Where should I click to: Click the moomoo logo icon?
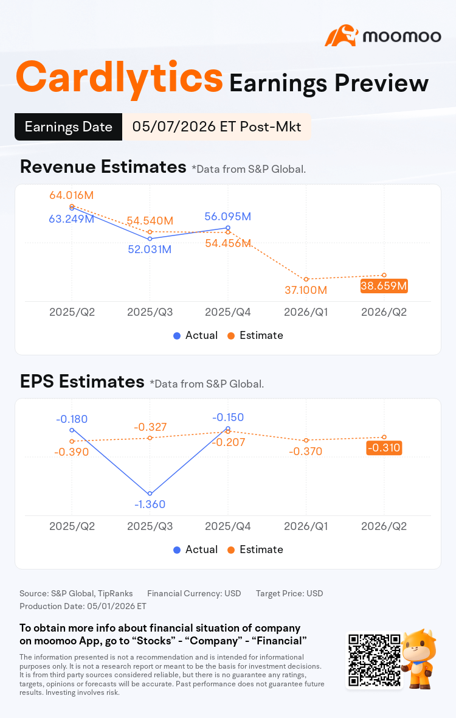click(340, 36)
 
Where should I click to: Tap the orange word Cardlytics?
click(119, 78)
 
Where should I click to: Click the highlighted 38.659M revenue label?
click(384, 286)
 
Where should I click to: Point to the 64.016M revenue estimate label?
click(71, 195)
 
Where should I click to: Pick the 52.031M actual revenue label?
click(150, 249)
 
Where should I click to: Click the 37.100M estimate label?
click(306, 290)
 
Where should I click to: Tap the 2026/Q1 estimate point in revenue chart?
click(306, 279)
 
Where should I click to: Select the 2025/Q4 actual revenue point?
click(228, 228)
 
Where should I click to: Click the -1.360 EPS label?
click(150, 504)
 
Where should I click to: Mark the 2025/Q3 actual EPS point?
click(150, 493)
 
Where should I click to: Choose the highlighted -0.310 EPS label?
click(384, 448)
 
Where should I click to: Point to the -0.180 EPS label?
click(71, 419)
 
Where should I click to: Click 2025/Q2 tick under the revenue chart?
click(72, 312)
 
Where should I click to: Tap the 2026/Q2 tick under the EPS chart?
click(384, 526)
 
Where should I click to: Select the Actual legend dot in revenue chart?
click(177, 336)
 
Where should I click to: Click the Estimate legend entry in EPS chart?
click(255, 549)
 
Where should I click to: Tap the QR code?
click(375, 660)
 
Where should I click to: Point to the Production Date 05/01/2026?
click(83, 606)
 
